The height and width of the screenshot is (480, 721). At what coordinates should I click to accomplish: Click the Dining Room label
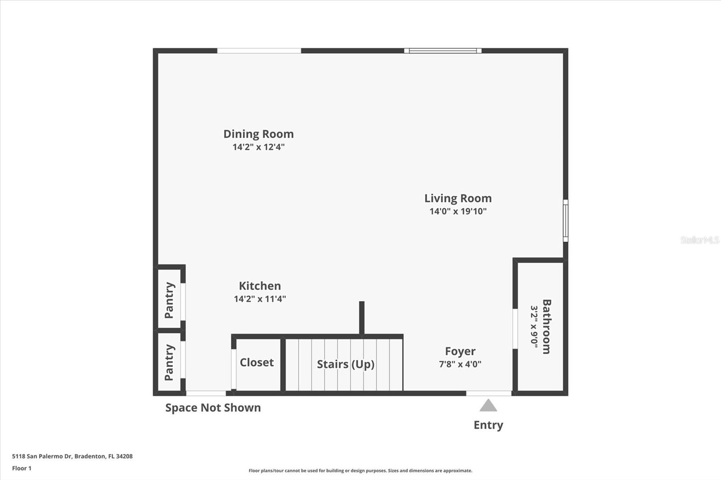[258, 134]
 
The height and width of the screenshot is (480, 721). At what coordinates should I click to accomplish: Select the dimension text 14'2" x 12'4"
[258, 147]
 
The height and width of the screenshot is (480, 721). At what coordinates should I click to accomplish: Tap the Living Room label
[458, 199]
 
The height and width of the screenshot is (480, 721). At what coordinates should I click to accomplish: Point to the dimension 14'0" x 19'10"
[458, 211]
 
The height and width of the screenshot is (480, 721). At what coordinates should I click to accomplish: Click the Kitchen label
[260, 286]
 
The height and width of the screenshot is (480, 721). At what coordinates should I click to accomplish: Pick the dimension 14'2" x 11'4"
[260, 299]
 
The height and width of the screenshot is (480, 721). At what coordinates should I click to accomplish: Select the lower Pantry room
[169, 362]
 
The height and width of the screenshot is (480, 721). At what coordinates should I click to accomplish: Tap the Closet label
[256, 362]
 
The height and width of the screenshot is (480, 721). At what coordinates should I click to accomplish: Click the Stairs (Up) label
[345, 364]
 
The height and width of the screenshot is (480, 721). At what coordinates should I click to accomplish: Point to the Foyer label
[460, 351]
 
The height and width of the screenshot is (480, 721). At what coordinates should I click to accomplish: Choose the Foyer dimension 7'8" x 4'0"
[460, 364]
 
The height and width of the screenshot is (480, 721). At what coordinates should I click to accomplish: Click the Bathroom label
[547, 326]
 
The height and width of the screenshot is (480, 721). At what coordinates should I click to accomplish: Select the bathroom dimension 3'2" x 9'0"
[534, 326]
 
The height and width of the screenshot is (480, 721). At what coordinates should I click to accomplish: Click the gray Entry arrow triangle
[488, 406]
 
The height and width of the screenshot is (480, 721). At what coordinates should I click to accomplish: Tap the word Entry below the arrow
[488, 425]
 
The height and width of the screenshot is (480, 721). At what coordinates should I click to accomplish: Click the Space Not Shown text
[213, 408]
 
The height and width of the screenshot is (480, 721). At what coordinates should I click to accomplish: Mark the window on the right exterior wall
[566, 221]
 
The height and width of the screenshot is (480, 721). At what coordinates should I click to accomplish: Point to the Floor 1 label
[22, 468]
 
